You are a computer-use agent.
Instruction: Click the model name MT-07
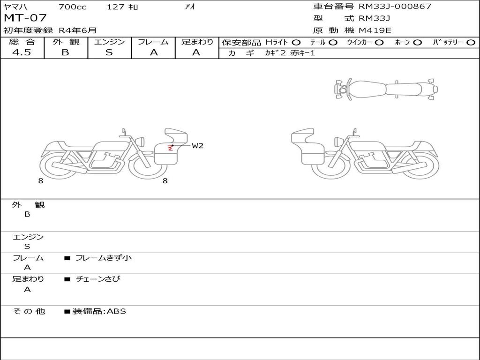[25, 18]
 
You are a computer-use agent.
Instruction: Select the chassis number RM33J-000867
[395, 6]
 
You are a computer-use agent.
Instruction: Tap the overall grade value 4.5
[22, 52]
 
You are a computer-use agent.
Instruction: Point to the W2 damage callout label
[197, 146]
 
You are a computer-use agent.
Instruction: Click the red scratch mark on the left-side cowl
[170, 148]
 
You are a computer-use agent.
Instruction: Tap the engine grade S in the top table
[109, 52]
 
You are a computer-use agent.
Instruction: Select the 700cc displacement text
[73, 7]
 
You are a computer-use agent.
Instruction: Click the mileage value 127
[115, 7]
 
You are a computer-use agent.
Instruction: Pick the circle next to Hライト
[296, 43]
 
